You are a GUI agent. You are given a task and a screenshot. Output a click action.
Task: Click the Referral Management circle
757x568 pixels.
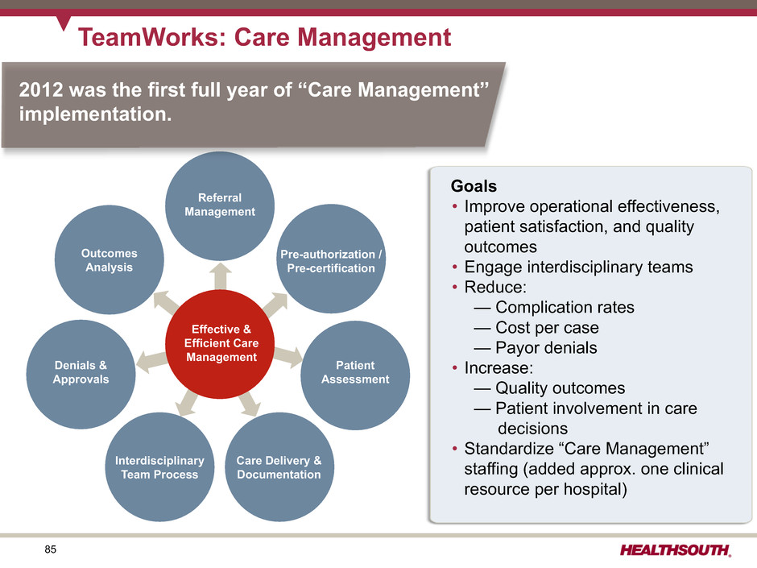[220, 205]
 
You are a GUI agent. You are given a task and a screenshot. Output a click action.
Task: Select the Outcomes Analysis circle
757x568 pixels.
[109, 260]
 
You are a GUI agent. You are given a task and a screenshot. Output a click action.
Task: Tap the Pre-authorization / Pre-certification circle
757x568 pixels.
[331, 259]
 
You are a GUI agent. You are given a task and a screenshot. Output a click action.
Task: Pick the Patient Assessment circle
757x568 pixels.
[355, 375]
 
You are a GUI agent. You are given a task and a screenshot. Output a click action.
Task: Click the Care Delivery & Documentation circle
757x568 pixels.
[279, 467]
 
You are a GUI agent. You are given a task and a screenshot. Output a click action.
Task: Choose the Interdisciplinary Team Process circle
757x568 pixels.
[159, 467]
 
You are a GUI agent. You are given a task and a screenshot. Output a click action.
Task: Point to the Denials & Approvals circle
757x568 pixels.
[81, 375]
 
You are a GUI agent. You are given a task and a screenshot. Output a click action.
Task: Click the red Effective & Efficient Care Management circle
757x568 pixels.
[220, 344]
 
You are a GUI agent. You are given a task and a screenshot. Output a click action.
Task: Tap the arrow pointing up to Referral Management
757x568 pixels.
[220, 276]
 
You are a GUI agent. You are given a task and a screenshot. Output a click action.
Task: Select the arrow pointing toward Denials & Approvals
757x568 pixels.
[152, 362]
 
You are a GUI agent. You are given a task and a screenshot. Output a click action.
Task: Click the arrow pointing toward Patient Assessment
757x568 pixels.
[288, 356]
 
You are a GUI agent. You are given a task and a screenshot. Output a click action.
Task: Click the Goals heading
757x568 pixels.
[474, 186]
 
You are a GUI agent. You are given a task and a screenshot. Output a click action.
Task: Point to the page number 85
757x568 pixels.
[50, 549]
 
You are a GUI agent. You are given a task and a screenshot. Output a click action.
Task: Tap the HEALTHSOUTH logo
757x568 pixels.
[676, 550]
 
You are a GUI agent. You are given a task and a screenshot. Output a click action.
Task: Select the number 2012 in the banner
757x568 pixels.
[41, 90]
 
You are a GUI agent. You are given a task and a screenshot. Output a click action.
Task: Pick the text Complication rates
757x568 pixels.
[565, 307]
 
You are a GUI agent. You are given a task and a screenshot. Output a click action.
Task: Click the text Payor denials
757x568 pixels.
[546, 348]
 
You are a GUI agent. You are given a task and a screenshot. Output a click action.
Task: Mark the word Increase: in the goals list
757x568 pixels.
[498, 368]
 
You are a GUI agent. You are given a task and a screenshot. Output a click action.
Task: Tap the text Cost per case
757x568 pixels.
[547, 327]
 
